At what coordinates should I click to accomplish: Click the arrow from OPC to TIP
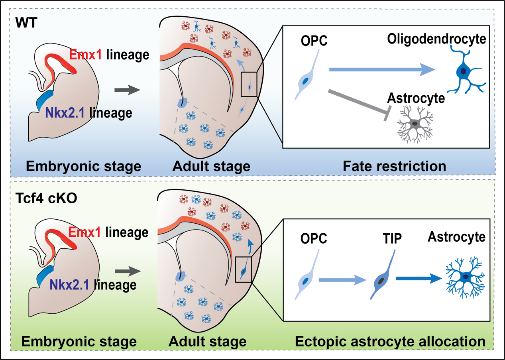pyautogui.click(x=342, y=280)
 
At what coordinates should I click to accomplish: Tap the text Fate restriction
pyautogui.click(x=394, y=165)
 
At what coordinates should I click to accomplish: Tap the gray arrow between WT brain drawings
pyautogui.click(x=127, y=90)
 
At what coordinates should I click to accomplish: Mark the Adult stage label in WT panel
pyautogui.click(x=211, y=165)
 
